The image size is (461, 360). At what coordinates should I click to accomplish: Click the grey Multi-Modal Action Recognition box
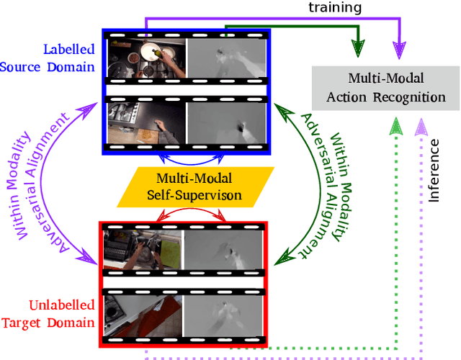pos(386,89)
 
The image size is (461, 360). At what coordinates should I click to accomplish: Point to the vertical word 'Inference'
pos(434,169)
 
